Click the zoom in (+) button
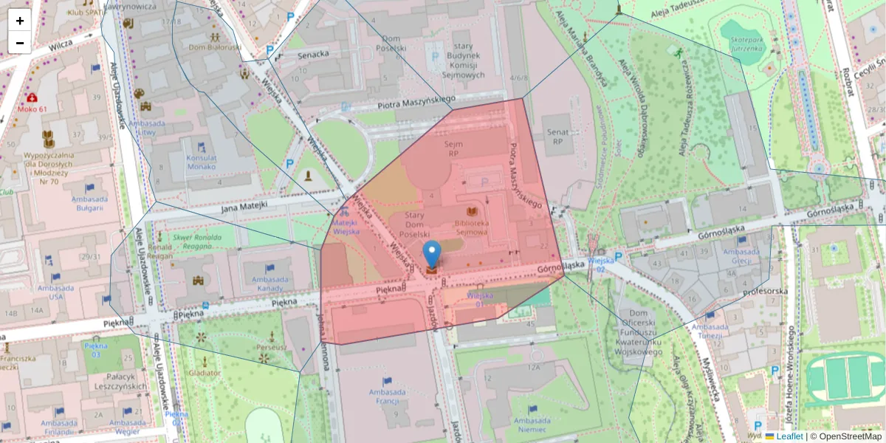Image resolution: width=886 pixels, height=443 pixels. (19, 21)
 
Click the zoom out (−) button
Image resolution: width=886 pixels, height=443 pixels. (19, 43)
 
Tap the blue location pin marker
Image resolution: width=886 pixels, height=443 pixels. (431, 254)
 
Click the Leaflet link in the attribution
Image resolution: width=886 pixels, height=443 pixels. (789, 436)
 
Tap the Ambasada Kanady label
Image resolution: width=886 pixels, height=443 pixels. (271, 284)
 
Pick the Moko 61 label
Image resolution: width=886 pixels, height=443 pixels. (32, 109)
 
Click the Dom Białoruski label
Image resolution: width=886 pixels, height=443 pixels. (215, 47)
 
